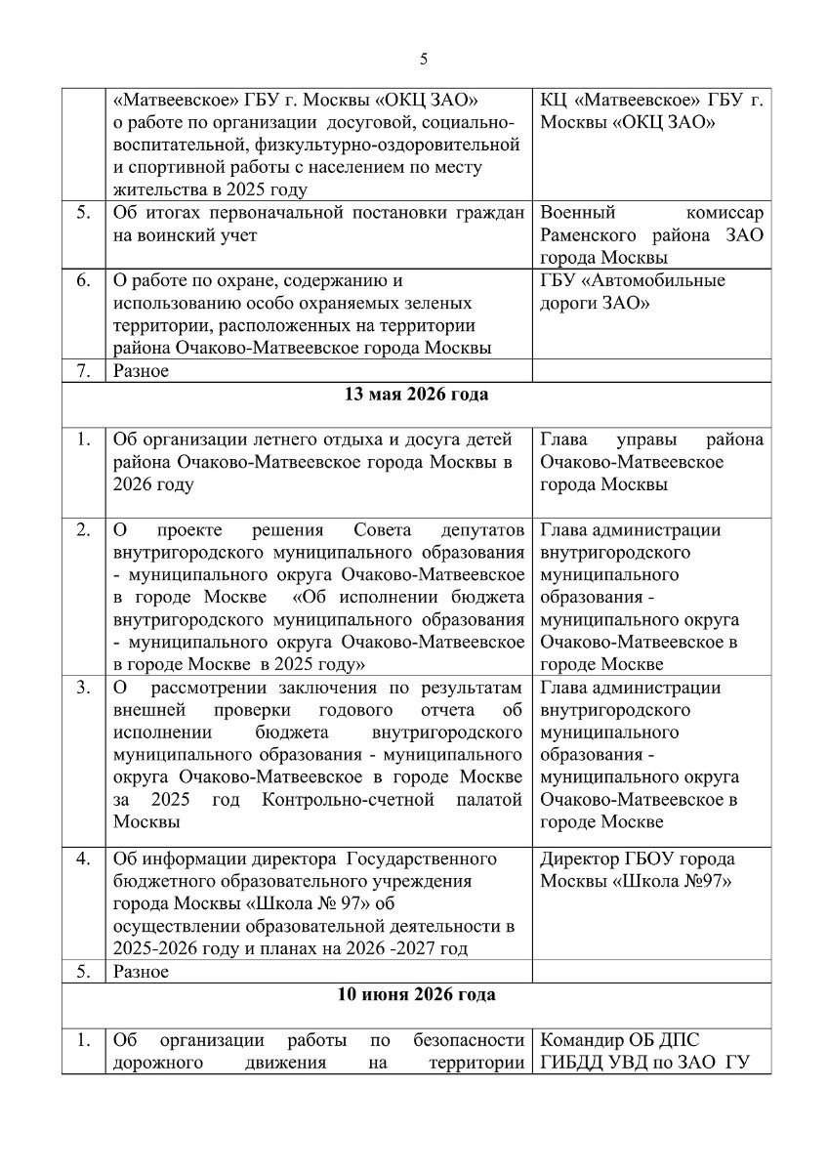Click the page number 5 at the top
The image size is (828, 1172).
tap(423, 59)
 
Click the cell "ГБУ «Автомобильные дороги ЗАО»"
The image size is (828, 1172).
tap(632, 292)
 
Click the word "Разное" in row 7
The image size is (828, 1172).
tap(142, 371)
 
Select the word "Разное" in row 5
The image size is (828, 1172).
tap(142, 972)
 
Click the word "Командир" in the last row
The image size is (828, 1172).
tap(579, 1040)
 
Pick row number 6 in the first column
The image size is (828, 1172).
tap(84, 281)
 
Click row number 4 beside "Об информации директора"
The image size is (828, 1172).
tap(84, 859)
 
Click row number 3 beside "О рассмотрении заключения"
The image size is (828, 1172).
tap(84, 688)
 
